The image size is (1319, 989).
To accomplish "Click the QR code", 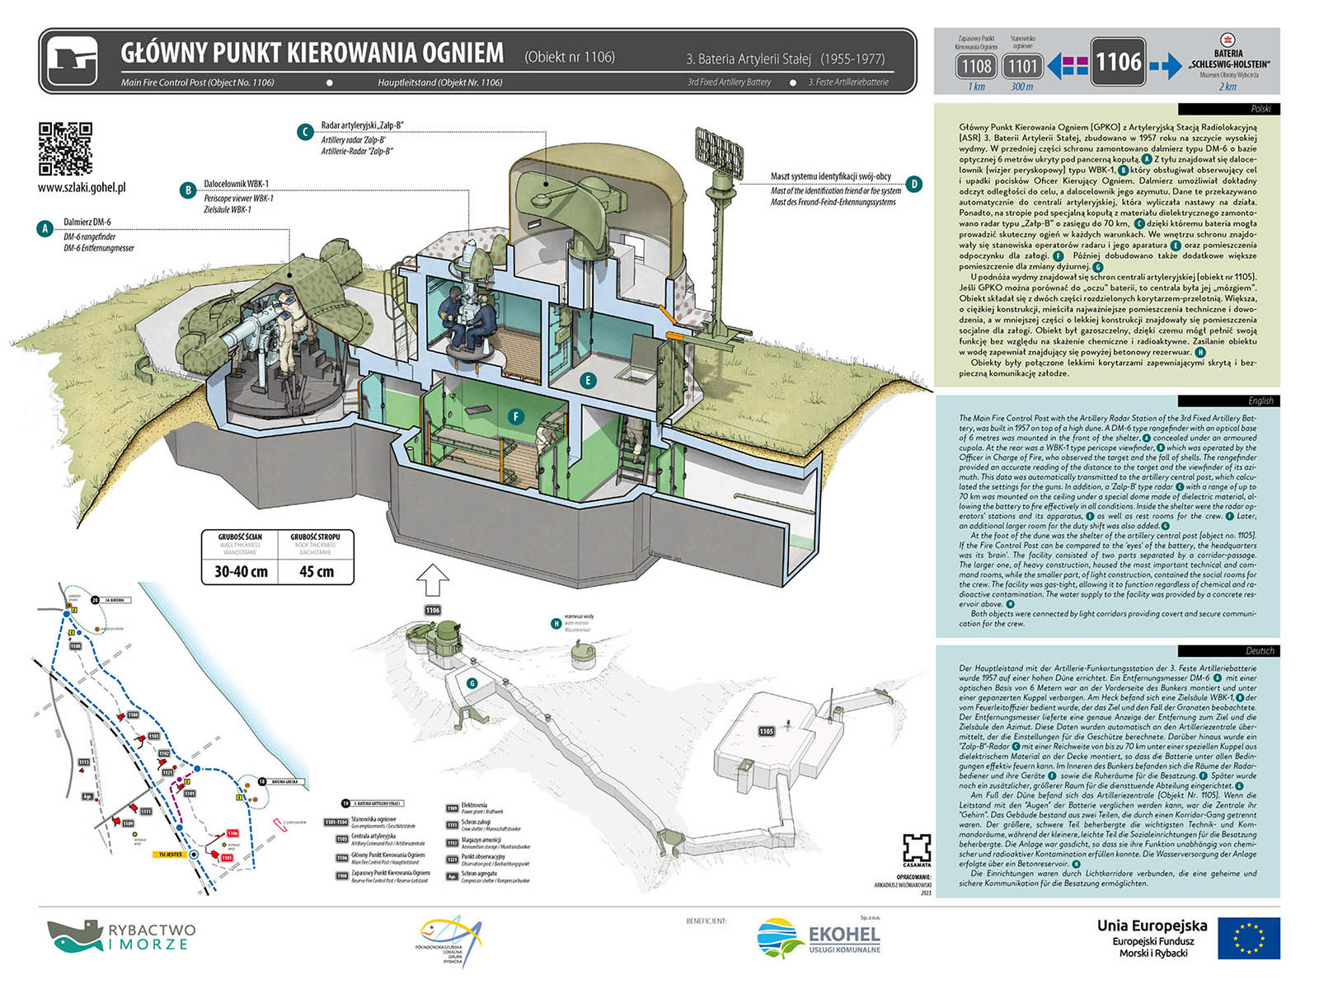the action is (65, 148).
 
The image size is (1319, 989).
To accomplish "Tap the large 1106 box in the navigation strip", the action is (1118, 62).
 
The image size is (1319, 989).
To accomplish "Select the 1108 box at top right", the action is (976, 65).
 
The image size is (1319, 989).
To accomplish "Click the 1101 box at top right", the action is (1022, 65).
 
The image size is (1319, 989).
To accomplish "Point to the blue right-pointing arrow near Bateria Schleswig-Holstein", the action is (1165, 65).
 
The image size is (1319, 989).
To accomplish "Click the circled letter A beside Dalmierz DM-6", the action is (45, 228).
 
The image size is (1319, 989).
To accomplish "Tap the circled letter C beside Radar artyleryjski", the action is (306, 132).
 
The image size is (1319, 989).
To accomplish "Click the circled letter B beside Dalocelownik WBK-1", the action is (188, 190).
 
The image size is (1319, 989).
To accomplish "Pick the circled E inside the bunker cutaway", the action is (587, 380).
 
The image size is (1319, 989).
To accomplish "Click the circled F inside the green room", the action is (516, 416).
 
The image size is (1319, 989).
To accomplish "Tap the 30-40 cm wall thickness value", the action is (241, 571).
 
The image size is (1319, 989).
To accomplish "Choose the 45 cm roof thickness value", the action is (317, 571).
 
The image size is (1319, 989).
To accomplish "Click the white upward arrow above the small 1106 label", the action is (433, 581).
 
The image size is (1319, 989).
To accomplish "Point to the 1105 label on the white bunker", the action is (767, 731).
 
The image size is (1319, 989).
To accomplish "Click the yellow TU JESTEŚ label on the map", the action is (171, 855).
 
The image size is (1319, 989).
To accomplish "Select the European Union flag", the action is (1248, 938).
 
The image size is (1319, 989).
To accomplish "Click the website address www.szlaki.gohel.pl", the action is (82, 187).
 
